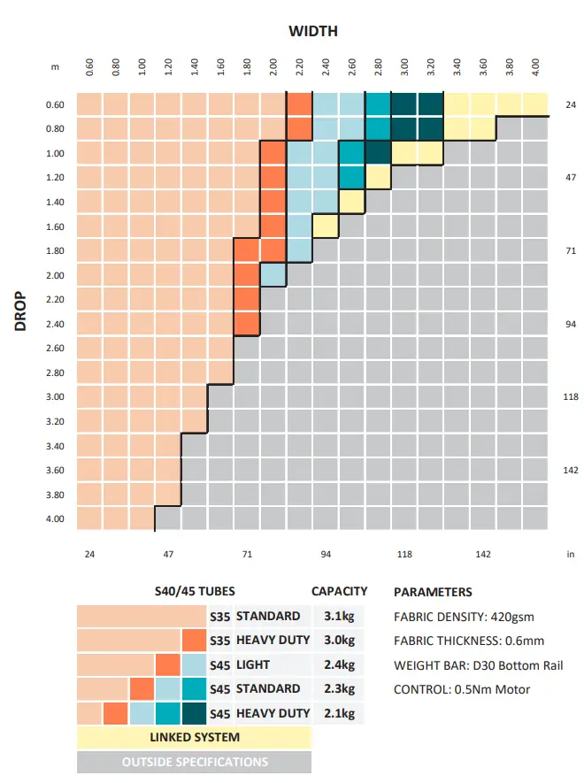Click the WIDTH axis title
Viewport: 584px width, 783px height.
[x=312, y=31]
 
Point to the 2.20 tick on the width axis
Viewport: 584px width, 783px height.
[x=300, y=67]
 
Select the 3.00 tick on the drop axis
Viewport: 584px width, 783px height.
[x=54, y=397]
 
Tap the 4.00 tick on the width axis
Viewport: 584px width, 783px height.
[x=535, y=67]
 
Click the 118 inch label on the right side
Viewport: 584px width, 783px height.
[x=570, y=397]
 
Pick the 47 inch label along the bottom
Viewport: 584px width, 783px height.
[x=168, y=555]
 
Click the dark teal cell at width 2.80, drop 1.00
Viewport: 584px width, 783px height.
[x=378, y=153]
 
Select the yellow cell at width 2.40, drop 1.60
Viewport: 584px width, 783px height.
[x=326, y=226]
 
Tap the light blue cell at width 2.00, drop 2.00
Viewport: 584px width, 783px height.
[x=273, y=275]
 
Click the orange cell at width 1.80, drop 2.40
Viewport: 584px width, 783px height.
[x=247, y=324]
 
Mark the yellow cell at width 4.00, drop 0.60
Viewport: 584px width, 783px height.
[x=535, y=104]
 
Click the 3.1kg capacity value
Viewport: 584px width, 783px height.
[x=340, y=616]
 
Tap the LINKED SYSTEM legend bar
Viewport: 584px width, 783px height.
[x=194, y=737]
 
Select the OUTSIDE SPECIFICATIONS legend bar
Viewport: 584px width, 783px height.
[x=194, y=761]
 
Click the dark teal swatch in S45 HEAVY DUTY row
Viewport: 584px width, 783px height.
[x=194, y=713]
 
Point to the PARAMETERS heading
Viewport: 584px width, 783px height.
[x=433, y=592]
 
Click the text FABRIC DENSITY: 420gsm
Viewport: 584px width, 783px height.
[x=464, y=617]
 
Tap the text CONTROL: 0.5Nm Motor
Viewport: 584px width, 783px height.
[x=462, y=689]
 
